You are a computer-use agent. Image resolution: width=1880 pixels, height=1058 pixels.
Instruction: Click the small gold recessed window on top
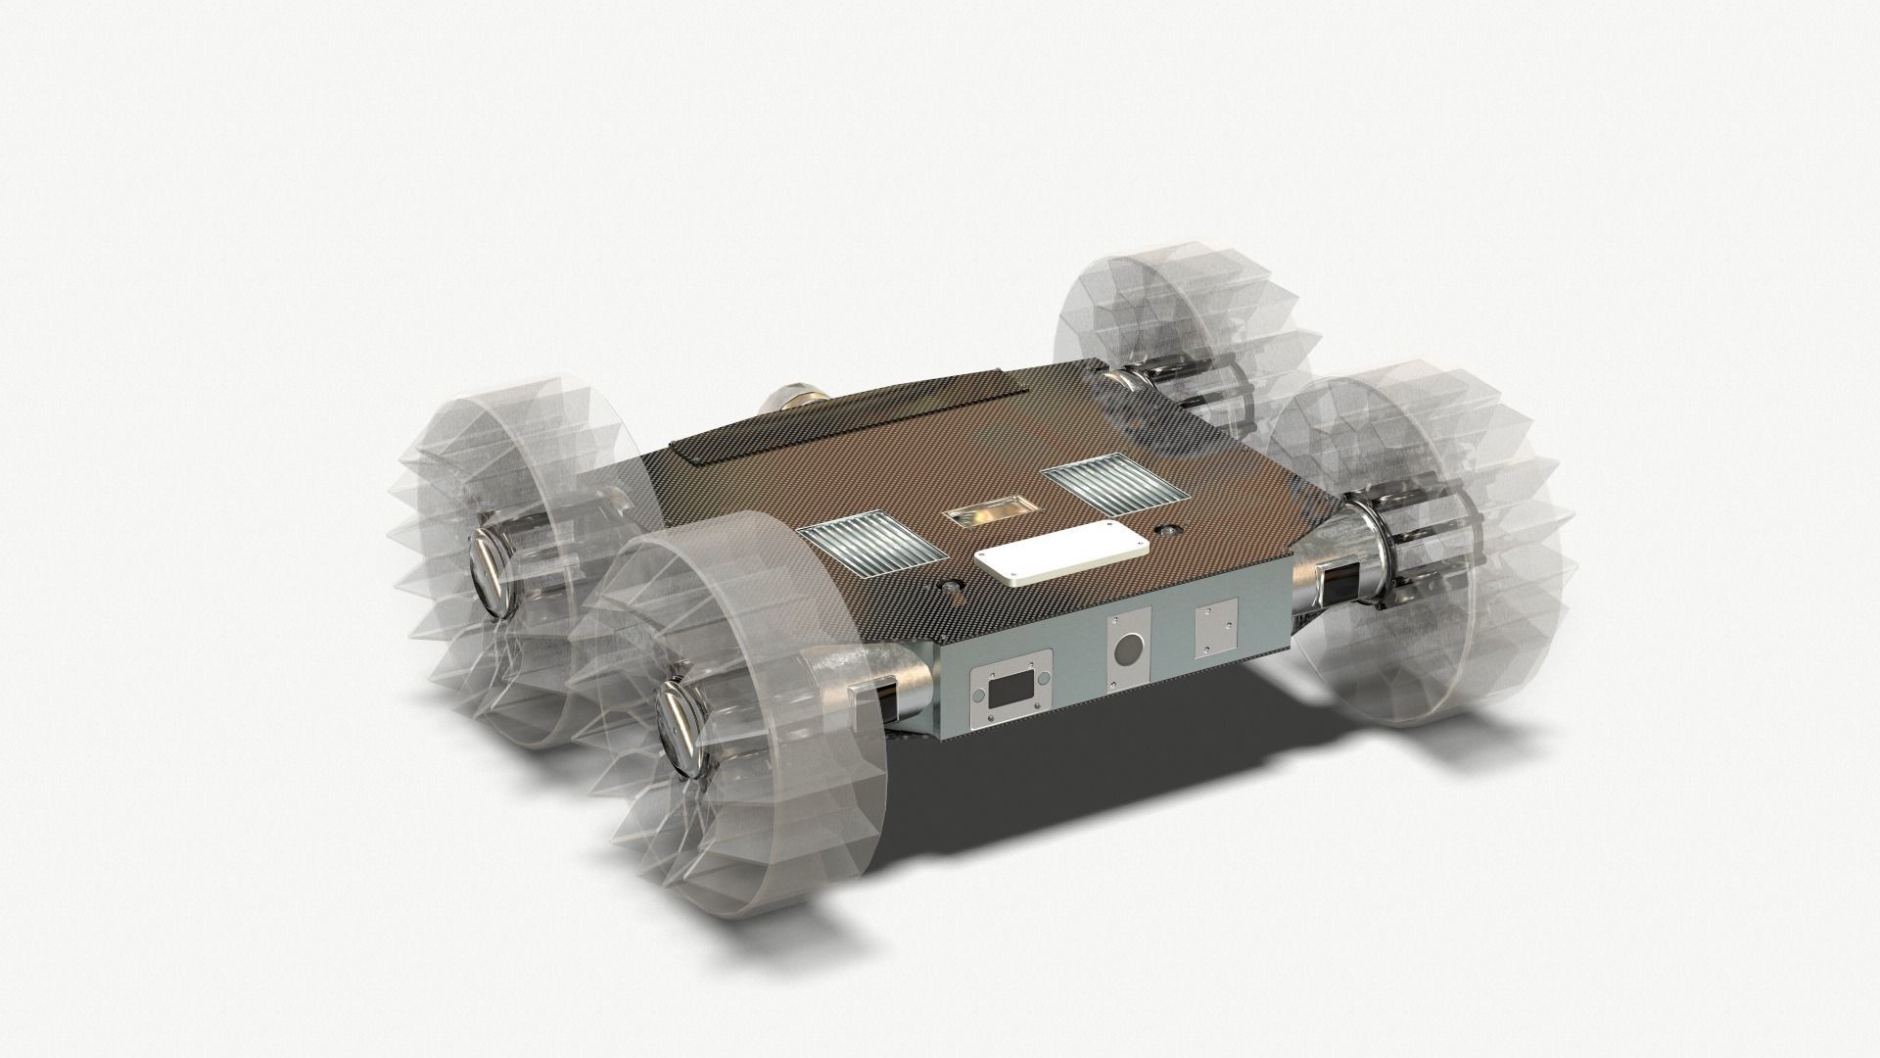point(990,512)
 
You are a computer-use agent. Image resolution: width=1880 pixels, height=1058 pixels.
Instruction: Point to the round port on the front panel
point(1128,649)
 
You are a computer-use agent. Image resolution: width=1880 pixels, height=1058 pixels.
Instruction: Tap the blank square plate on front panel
point(1217,626)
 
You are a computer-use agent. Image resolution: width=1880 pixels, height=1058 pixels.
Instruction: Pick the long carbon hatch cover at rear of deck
point(852,412)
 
